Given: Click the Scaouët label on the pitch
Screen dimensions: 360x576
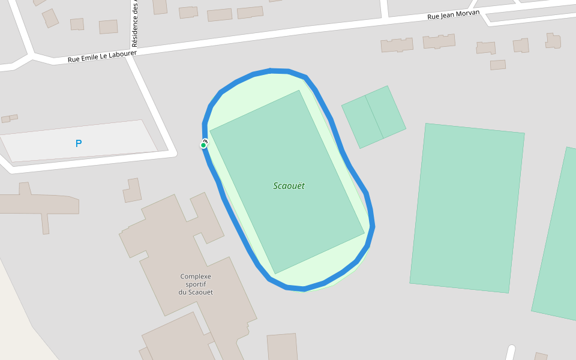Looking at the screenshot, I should (x=289, y=186).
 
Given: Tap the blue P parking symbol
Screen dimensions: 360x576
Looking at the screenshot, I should (x=79, y=143).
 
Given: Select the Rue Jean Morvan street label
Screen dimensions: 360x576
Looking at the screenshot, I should (x=454, y=14).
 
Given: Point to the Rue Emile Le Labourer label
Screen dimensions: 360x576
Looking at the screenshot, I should (x=102, y=56).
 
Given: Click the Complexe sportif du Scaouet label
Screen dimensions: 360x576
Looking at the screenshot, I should (x=196, y=284).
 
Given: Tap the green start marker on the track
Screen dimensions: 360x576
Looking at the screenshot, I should (x=203, y=145).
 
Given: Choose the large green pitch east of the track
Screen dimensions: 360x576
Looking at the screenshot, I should (x=467, y=208).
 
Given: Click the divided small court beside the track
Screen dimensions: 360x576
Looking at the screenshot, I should (x=374, y=116).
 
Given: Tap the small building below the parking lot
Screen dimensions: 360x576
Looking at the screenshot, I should (x=133, y=190).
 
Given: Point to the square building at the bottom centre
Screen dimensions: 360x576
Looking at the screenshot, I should (x=282, y=348).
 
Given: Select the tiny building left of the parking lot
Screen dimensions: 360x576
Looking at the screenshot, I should (x=10, y=118).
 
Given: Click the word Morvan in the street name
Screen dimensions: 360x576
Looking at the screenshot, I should (x=469, y=13).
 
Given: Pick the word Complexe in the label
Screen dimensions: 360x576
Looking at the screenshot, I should (x=196, y=277).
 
